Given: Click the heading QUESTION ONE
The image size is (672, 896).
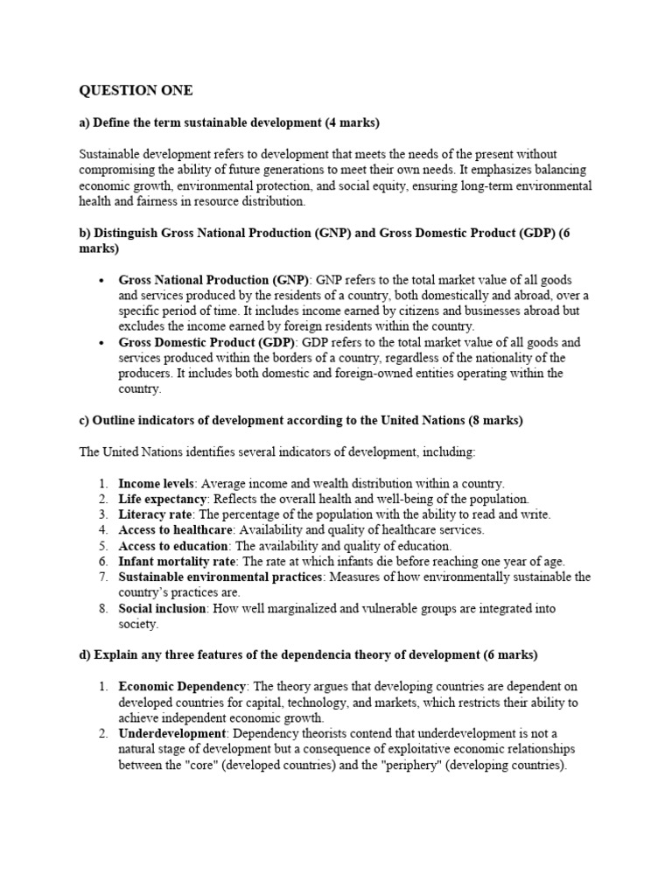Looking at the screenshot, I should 136,90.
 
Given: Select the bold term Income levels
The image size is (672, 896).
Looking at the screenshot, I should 155,483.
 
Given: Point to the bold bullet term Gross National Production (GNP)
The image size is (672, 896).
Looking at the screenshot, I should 213,280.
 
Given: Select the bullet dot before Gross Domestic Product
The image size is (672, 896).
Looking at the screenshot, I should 102,342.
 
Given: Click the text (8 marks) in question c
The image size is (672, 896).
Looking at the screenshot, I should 495,421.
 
